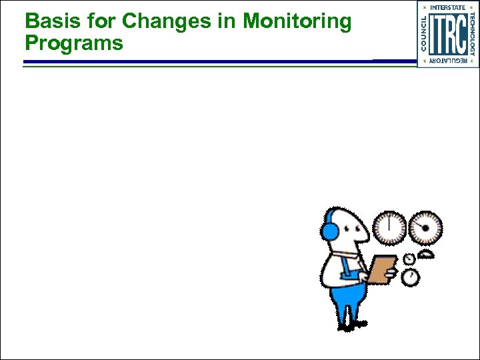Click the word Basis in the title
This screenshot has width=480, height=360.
pyautogui.click(x=49, y=22)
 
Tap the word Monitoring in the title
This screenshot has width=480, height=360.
pyautogui.click(x=297, y=22)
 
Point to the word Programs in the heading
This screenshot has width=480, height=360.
pyautogui.click(x=74, y=44)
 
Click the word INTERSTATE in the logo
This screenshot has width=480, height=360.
pyautogui.click(x=448, y=7)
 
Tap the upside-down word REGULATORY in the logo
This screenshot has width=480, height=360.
pyautogui.click(x=448, y=61)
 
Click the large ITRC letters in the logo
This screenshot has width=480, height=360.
pyautogui.click(x=448, y=35)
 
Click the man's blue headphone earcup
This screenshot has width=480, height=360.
pyautogui.click(x=329, y=231)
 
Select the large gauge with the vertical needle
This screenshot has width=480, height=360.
pyautogui.click(x=389, y=228)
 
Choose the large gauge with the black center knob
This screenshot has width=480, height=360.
pyautogui.click(x=425, y=228)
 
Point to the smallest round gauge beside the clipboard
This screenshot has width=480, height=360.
pyautogui.click(x=409, y=259)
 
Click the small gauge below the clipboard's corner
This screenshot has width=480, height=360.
pyautogui.click(x=411, y=277)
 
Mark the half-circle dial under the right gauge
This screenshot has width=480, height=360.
pyautogui.click(x=427, y=254)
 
